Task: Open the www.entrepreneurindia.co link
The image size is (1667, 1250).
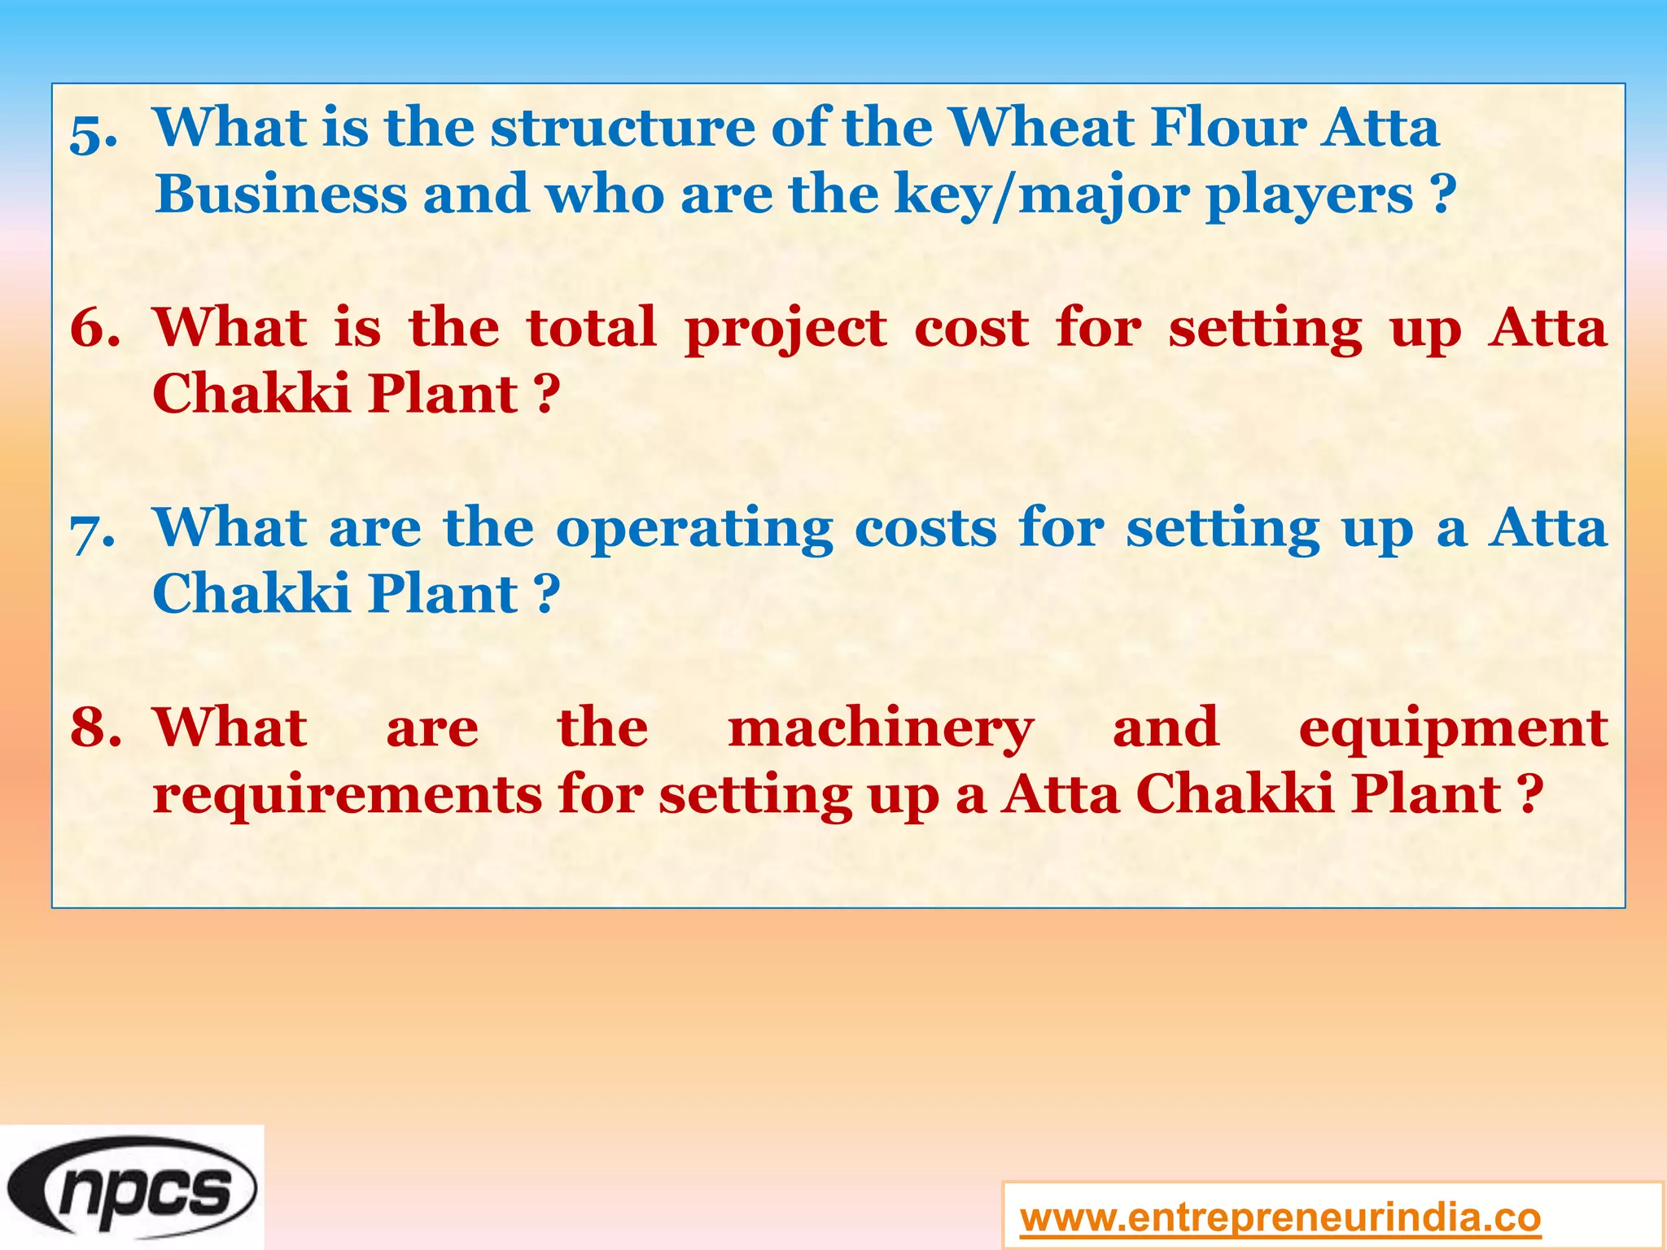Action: tap(1280, 1217)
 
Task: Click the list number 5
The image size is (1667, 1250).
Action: tap(93, 132)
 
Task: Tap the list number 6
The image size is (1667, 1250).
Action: tap(94, 328)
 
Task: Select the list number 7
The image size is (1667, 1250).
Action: tap(93, 531)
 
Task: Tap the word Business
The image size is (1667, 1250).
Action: tap(281, 194)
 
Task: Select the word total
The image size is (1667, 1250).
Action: tap(591, 328)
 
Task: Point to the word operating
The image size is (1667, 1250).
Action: tap(694, 531)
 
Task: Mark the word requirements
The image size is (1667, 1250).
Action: tap(347, 796)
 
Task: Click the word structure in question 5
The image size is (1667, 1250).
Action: tap(623, 128)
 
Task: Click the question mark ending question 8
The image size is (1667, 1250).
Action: tap(1531, 794)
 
